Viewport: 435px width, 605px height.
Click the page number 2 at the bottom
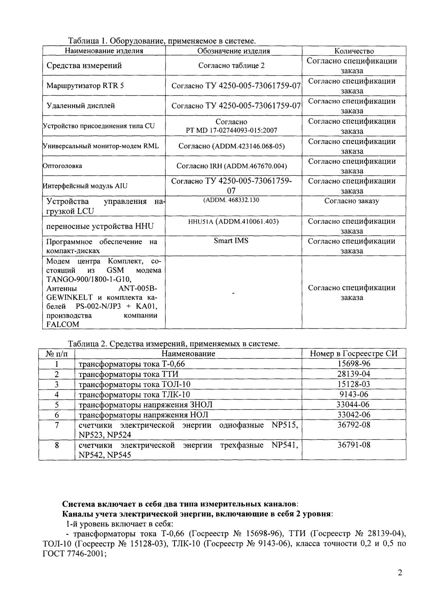click(x=400, y=584)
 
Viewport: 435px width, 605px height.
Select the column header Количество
click(x=354, y=51)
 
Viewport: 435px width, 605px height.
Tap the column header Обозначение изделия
click(x=233, y=51)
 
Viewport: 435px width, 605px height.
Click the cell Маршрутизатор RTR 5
click(x=85, y=86)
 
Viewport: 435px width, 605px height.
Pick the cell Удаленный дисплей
click(x=81, y=106)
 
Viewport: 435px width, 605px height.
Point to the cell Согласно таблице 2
click(x=231, y=66)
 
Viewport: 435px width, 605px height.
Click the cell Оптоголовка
click(x=63, y=166)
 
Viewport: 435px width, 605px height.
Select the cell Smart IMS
click(x=231, y=241)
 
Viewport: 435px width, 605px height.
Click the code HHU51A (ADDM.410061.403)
click(x=233, y=221)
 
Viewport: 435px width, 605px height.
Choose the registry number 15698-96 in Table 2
click(x=354, y=364)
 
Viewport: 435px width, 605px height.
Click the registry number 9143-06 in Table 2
click(x=354, y=394)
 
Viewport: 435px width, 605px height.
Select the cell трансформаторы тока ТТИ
click(x=129, y=374)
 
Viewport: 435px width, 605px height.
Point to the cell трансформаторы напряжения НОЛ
click(x=143, y=415)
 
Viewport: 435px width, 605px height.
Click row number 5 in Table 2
click(x=57, y=405)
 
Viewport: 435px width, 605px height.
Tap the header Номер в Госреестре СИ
click(x=354, y=354)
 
